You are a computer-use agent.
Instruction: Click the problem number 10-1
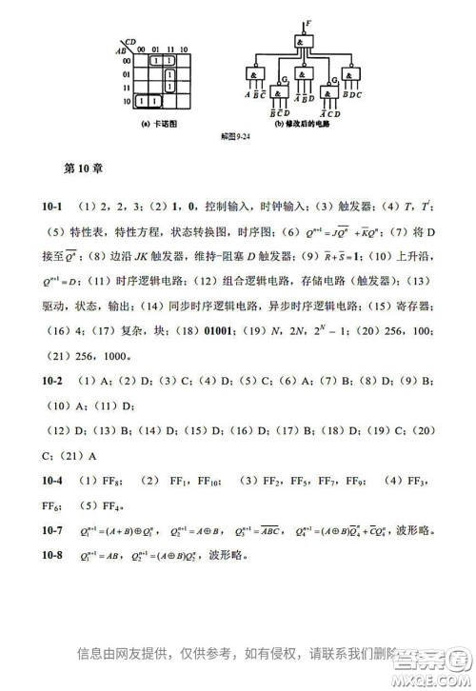55,206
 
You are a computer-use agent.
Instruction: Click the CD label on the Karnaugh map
129,41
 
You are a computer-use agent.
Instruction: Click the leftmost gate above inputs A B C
253,75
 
